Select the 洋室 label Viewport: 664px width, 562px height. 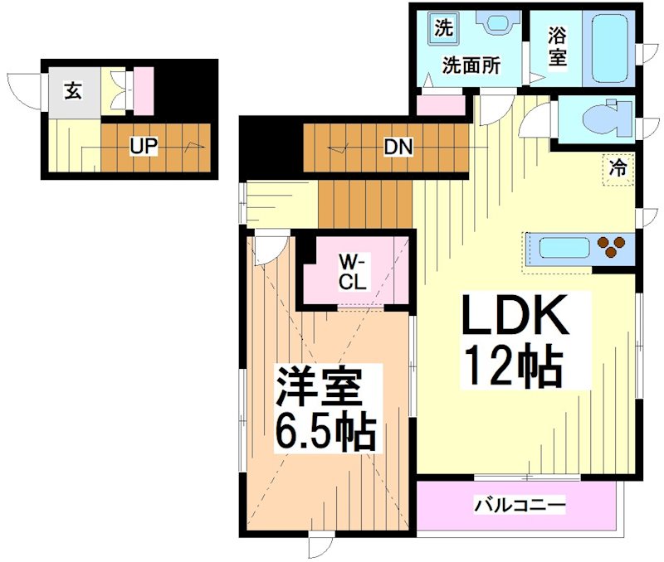(318, 387)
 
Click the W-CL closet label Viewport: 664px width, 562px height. (352, 271)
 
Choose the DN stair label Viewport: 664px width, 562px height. (398, 148)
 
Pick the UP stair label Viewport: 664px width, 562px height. (143, 147)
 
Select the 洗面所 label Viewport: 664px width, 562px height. (470, 66)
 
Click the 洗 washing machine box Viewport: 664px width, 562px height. (444, 27)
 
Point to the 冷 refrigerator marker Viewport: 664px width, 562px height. (618, 167)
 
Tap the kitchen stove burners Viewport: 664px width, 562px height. (613, 247)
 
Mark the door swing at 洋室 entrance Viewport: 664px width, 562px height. (267, 250)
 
